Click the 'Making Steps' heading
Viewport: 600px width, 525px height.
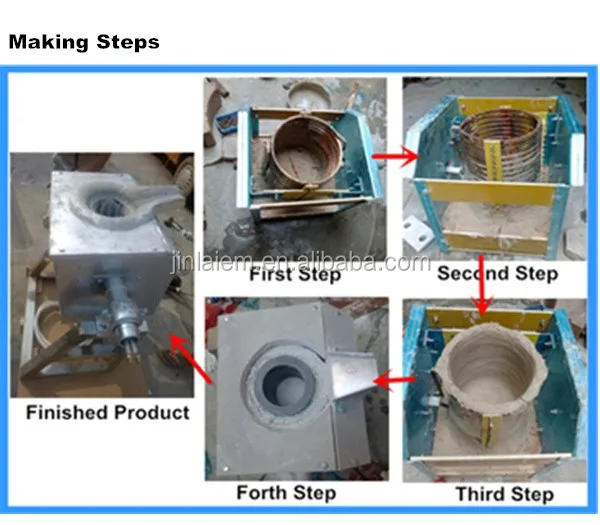[84, 43]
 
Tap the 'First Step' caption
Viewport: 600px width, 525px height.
[295, 274]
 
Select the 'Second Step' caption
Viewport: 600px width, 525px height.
[497, 273]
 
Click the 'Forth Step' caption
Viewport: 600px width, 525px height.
[285, 493]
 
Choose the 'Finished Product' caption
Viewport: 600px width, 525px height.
[108, 412]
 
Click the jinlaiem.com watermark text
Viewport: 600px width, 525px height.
[299, 262]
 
